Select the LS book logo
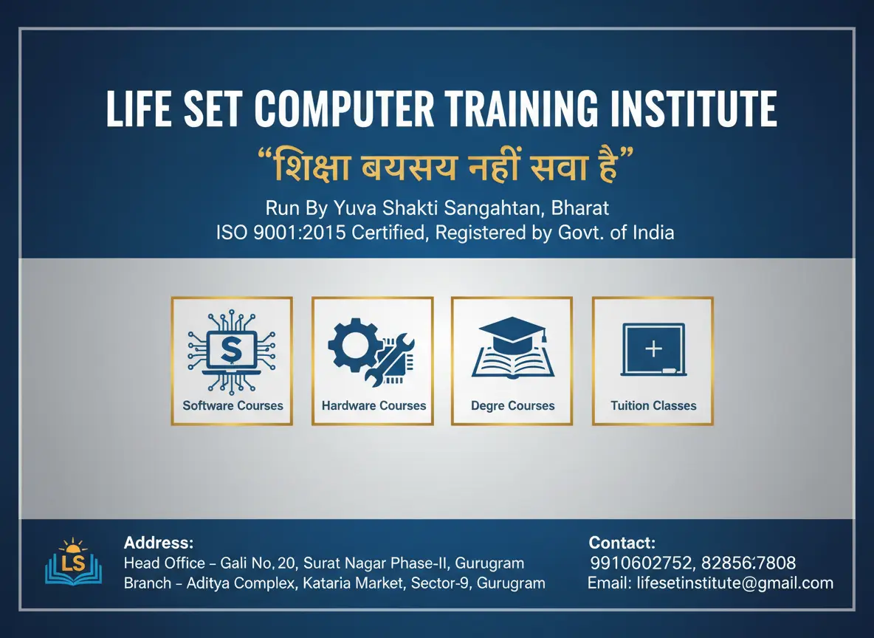click(74, 561)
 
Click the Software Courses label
click(233, 405)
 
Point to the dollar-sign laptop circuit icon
click(231, 353)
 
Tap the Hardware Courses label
click(374, 405)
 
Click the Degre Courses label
click(513, 406)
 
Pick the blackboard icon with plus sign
click(653, 350)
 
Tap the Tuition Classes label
click(653, 405)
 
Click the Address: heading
click(159, 543)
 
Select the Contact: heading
click(622, 543)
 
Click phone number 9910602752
click(641, 563)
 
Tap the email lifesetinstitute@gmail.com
click(735, 583)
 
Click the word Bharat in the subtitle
click(579, 208)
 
